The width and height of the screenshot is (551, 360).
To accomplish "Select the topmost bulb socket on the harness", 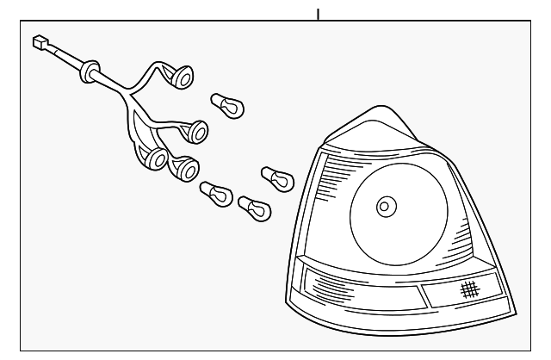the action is pyautogui.click(x=183, y=78).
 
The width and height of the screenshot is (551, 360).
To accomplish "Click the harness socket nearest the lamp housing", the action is pyautogui.click(x=197, y=131).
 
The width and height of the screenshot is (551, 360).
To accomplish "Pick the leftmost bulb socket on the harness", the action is pyautogui.click(x=154, y=159).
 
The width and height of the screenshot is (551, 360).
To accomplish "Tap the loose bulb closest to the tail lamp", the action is pyautogui.click(x=275, y=179).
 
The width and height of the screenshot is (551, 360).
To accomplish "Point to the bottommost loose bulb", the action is pyautogui.click(x=253, y=207).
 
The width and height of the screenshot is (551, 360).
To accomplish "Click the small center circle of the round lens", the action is pyautogui.click(x=385, y=207).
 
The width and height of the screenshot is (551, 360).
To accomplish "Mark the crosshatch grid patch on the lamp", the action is pyautogui.click(x=468, y=289).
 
